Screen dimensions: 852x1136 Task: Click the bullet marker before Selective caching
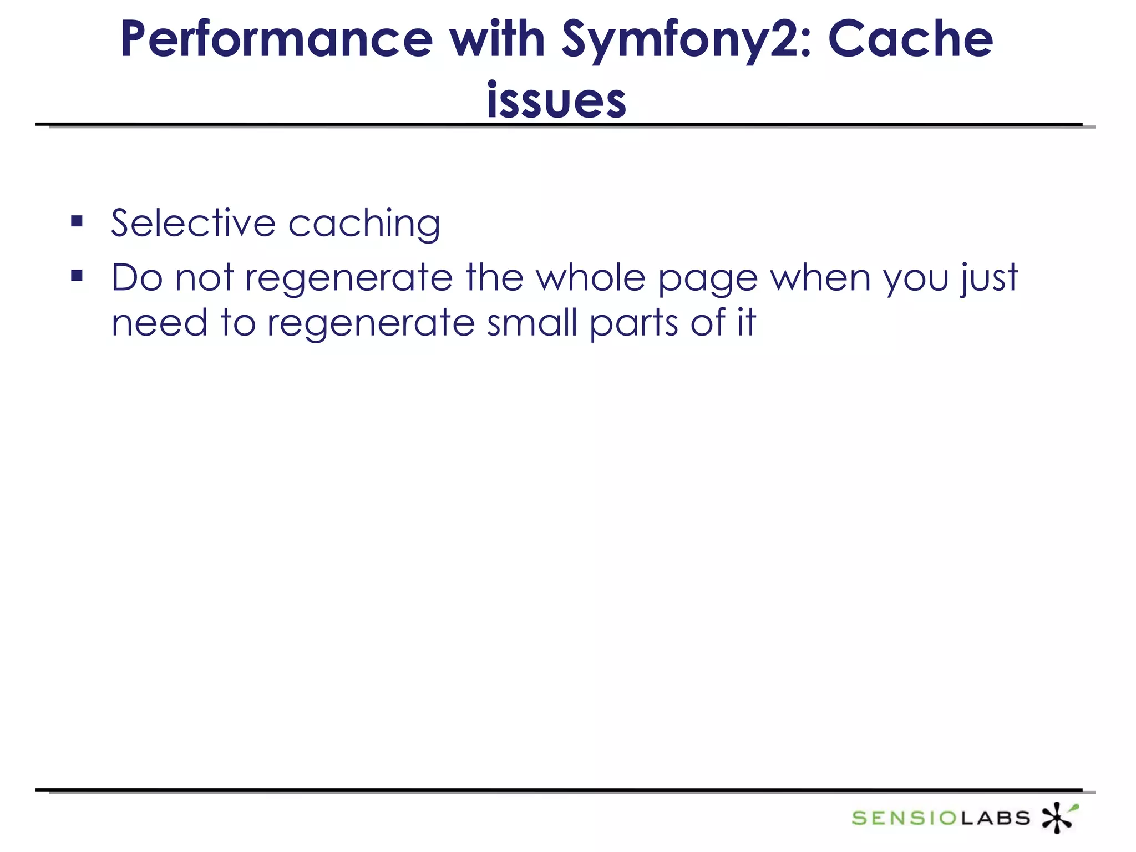[x=77, y=222]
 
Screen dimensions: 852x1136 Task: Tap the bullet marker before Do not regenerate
[x=77, y=276]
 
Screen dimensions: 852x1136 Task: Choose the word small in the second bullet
[x=532, y=323]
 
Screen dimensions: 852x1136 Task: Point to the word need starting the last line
[x=159, y=323]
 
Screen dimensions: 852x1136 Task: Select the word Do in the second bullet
[x=137, y=277]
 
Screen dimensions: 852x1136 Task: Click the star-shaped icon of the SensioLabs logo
[x=1058, y=817]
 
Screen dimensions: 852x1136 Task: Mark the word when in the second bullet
[x=820, y=277]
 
